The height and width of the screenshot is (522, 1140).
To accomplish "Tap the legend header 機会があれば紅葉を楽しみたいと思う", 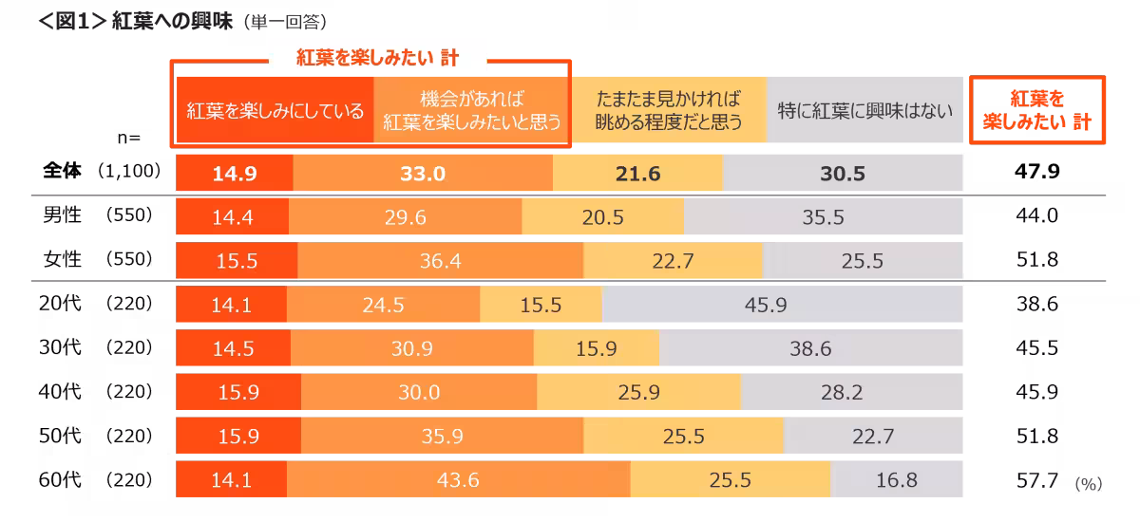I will (471, 111).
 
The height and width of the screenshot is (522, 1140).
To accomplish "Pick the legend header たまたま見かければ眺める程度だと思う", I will (668, 111).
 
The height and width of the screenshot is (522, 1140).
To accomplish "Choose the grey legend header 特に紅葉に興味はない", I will (864, 111).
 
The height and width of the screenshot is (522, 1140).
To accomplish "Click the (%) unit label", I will (1088, 484).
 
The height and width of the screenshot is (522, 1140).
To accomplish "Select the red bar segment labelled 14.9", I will (235, 174).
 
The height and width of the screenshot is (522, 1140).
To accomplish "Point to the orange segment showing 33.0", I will (423, 174).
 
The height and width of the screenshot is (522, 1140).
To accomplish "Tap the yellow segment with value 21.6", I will (637, 174).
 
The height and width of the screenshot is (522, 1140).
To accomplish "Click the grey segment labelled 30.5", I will (843, 174).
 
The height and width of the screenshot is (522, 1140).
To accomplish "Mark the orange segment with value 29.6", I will (406, 217).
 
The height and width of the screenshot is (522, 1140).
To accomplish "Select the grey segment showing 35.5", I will (823, 217).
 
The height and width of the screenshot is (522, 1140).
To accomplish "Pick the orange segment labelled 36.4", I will (441, 261).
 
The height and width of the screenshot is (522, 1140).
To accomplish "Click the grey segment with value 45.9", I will (782, 306).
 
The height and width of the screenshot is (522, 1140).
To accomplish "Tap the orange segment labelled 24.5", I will (383, 306).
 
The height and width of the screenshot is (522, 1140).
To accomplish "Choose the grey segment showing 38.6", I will (810, 349).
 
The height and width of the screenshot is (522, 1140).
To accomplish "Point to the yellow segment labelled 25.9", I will (638, 393).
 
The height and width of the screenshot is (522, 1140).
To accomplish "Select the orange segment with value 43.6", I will (458, 480).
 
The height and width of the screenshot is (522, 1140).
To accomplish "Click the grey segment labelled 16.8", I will (897, 480).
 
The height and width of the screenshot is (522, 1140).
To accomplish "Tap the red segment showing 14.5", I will (233, 349).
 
